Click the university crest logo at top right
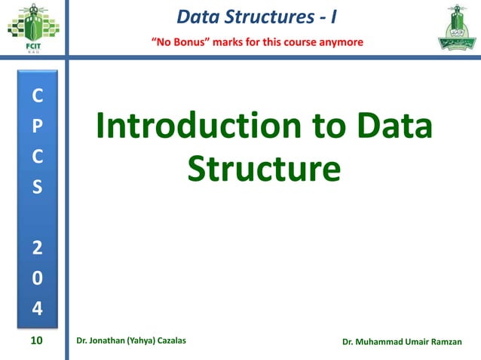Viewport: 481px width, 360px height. pos(452,28)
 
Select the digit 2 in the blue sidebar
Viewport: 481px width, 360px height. pos(38,246)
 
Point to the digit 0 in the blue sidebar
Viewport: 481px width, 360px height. pos(38,277)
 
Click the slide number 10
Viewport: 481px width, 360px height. pos(36,341)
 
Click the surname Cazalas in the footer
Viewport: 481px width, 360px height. pos(168,342)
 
